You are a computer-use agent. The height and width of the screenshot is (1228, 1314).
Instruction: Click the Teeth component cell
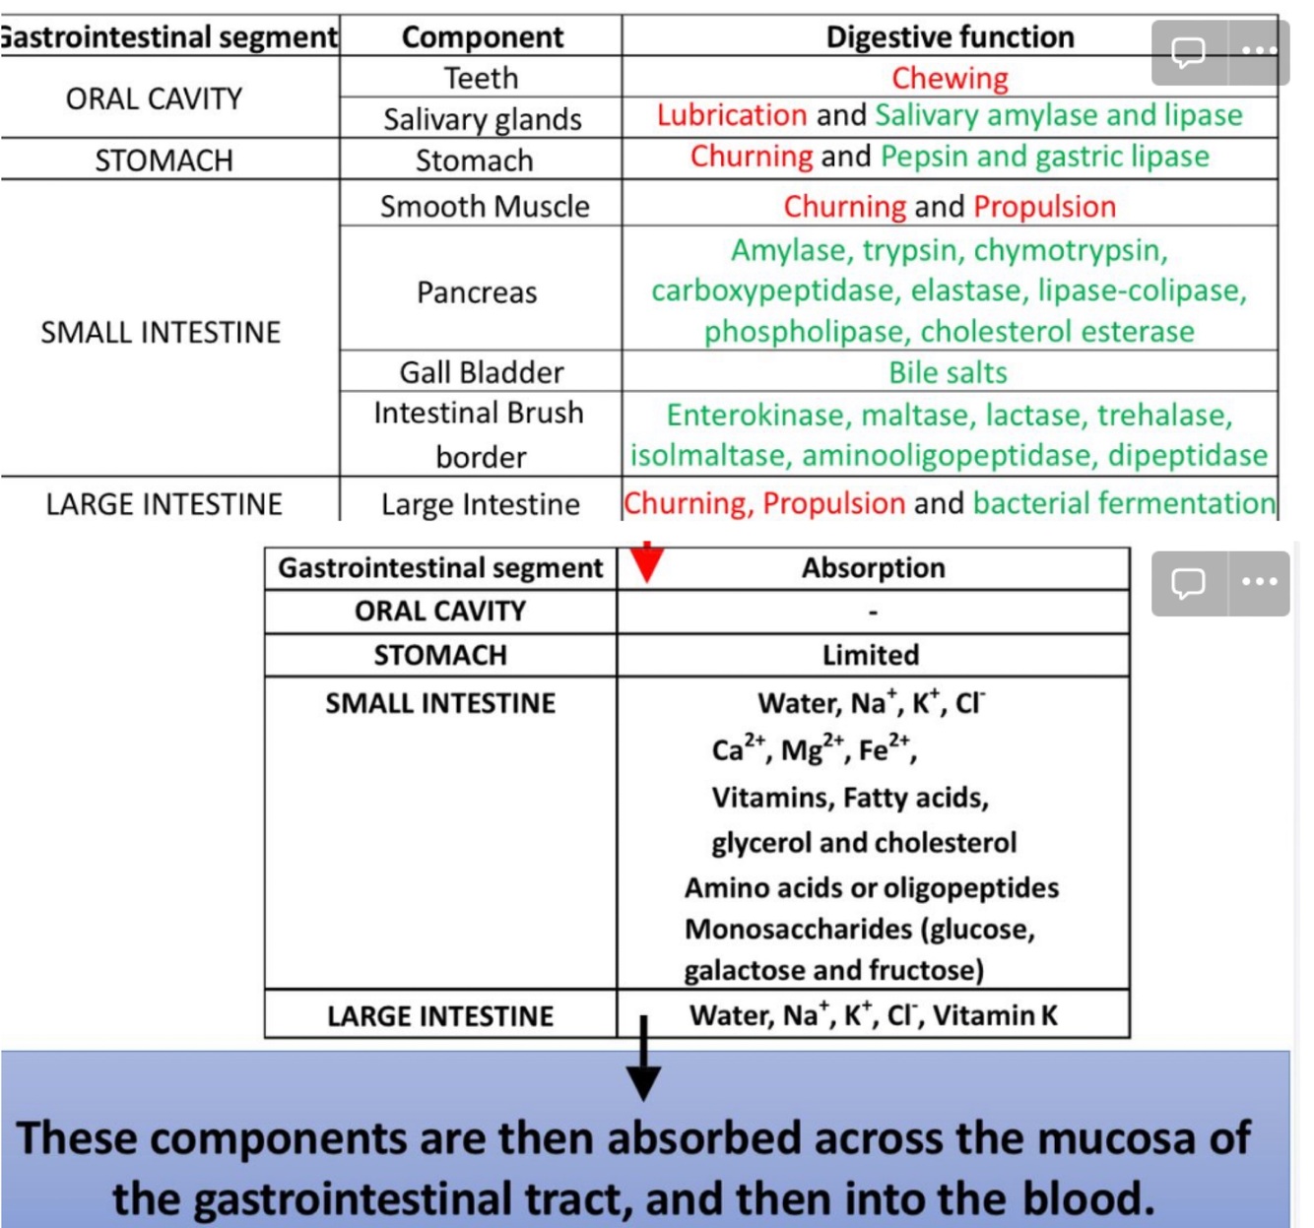[x=481, y=78]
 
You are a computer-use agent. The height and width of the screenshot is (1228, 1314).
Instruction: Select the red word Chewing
[x=950, y=78]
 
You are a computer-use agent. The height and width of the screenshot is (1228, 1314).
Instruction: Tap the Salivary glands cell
[x=482, y=119]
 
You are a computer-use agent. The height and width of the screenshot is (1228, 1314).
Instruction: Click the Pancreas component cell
[x=477, y=292]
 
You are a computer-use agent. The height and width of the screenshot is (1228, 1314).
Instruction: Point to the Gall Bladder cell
[x=481, y=372]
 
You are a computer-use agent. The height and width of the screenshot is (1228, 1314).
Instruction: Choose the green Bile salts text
[x=948, y=372]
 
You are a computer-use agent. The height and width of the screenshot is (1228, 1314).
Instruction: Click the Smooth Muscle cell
[x=485, y=206]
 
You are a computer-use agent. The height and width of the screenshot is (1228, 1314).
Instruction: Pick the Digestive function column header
[x=950, y=37]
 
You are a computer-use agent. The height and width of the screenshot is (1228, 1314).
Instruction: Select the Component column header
[x=483, y=37]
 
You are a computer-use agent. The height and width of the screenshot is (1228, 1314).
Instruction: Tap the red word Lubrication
[x=731, y=115]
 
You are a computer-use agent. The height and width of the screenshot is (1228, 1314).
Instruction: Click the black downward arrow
[x=643, y=1064]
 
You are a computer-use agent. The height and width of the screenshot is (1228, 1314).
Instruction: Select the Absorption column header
[x=873, y=568]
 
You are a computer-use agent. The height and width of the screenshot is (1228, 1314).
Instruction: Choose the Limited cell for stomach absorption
[x=871, y=655]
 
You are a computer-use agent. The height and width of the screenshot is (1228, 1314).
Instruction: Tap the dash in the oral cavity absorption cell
[x=873, y=613]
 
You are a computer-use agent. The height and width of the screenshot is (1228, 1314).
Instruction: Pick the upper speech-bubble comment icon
[x=1188, y=51]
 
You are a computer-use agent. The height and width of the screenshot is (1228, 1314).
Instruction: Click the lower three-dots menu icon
[x=1259, y=582]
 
